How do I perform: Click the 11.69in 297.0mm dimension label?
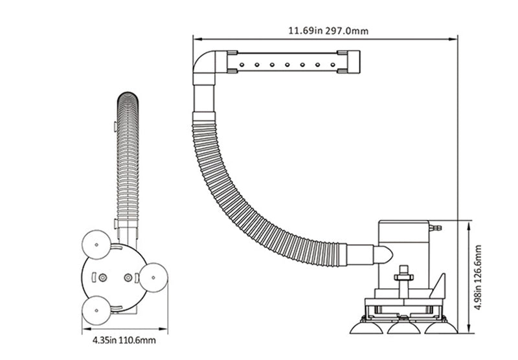328,30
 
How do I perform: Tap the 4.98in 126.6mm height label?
478,277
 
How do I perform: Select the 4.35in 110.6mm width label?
124,339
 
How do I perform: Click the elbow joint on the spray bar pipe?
205,67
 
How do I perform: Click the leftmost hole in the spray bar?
242,65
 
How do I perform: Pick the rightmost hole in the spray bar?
333,65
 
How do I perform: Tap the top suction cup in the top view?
96,245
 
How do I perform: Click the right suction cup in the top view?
153,278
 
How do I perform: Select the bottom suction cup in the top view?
96,310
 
